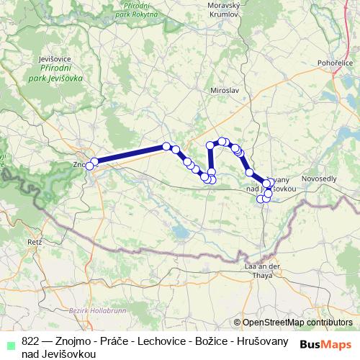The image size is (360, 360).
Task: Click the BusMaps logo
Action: pyautogui.click(x=326, y=344)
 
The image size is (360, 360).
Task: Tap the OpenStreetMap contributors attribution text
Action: pyautogui.click(x=297, y=323)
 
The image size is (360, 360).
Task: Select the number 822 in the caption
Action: pyautogui.click(x=30, y=342)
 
